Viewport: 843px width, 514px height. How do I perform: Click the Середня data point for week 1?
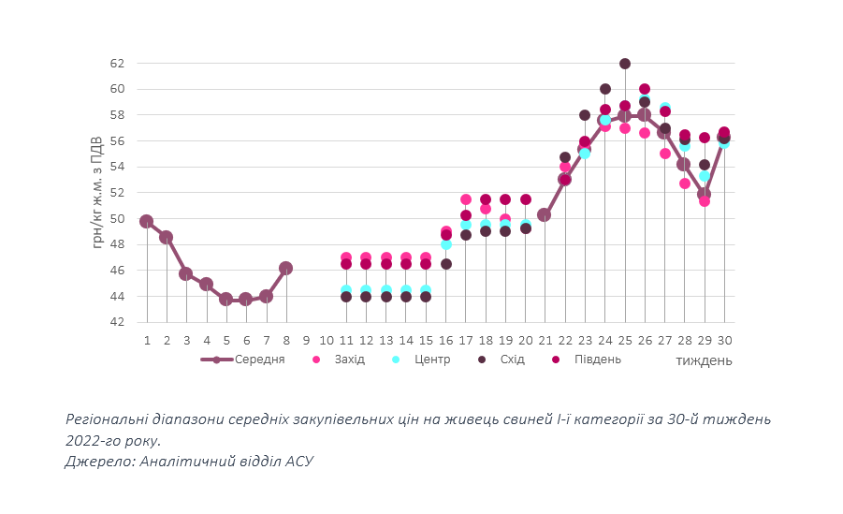click(146, 222)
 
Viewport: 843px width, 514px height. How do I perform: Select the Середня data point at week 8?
click(286, 268)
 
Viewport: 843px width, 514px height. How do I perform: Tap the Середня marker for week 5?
click(226, 299)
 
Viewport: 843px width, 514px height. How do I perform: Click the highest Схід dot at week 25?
click(625, 64)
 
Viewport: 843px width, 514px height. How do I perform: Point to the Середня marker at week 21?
click(545, 214)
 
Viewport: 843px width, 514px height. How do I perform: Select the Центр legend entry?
click(430, 360)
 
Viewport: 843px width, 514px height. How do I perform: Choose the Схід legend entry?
click(511, 360)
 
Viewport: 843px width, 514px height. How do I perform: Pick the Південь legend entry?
click(595, 360)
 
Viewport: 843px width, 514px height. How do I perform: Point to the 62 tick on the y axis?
click(117, 64)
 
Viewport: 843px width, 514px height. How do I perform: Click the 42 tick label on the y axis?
click(117, 322)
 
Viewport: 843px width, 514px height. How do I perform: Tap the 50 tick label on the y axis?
click(117, 219)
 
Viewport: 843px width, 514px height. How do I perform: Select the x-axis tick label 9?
click(306, 340)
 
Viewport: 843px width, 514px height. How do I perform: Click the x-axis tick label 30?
click(724, 340)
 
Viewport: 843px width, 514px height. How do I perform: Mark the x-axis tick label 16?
click(445, 340)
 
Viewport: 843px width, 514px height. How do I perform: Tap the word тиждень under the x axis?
click(703, 360)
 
